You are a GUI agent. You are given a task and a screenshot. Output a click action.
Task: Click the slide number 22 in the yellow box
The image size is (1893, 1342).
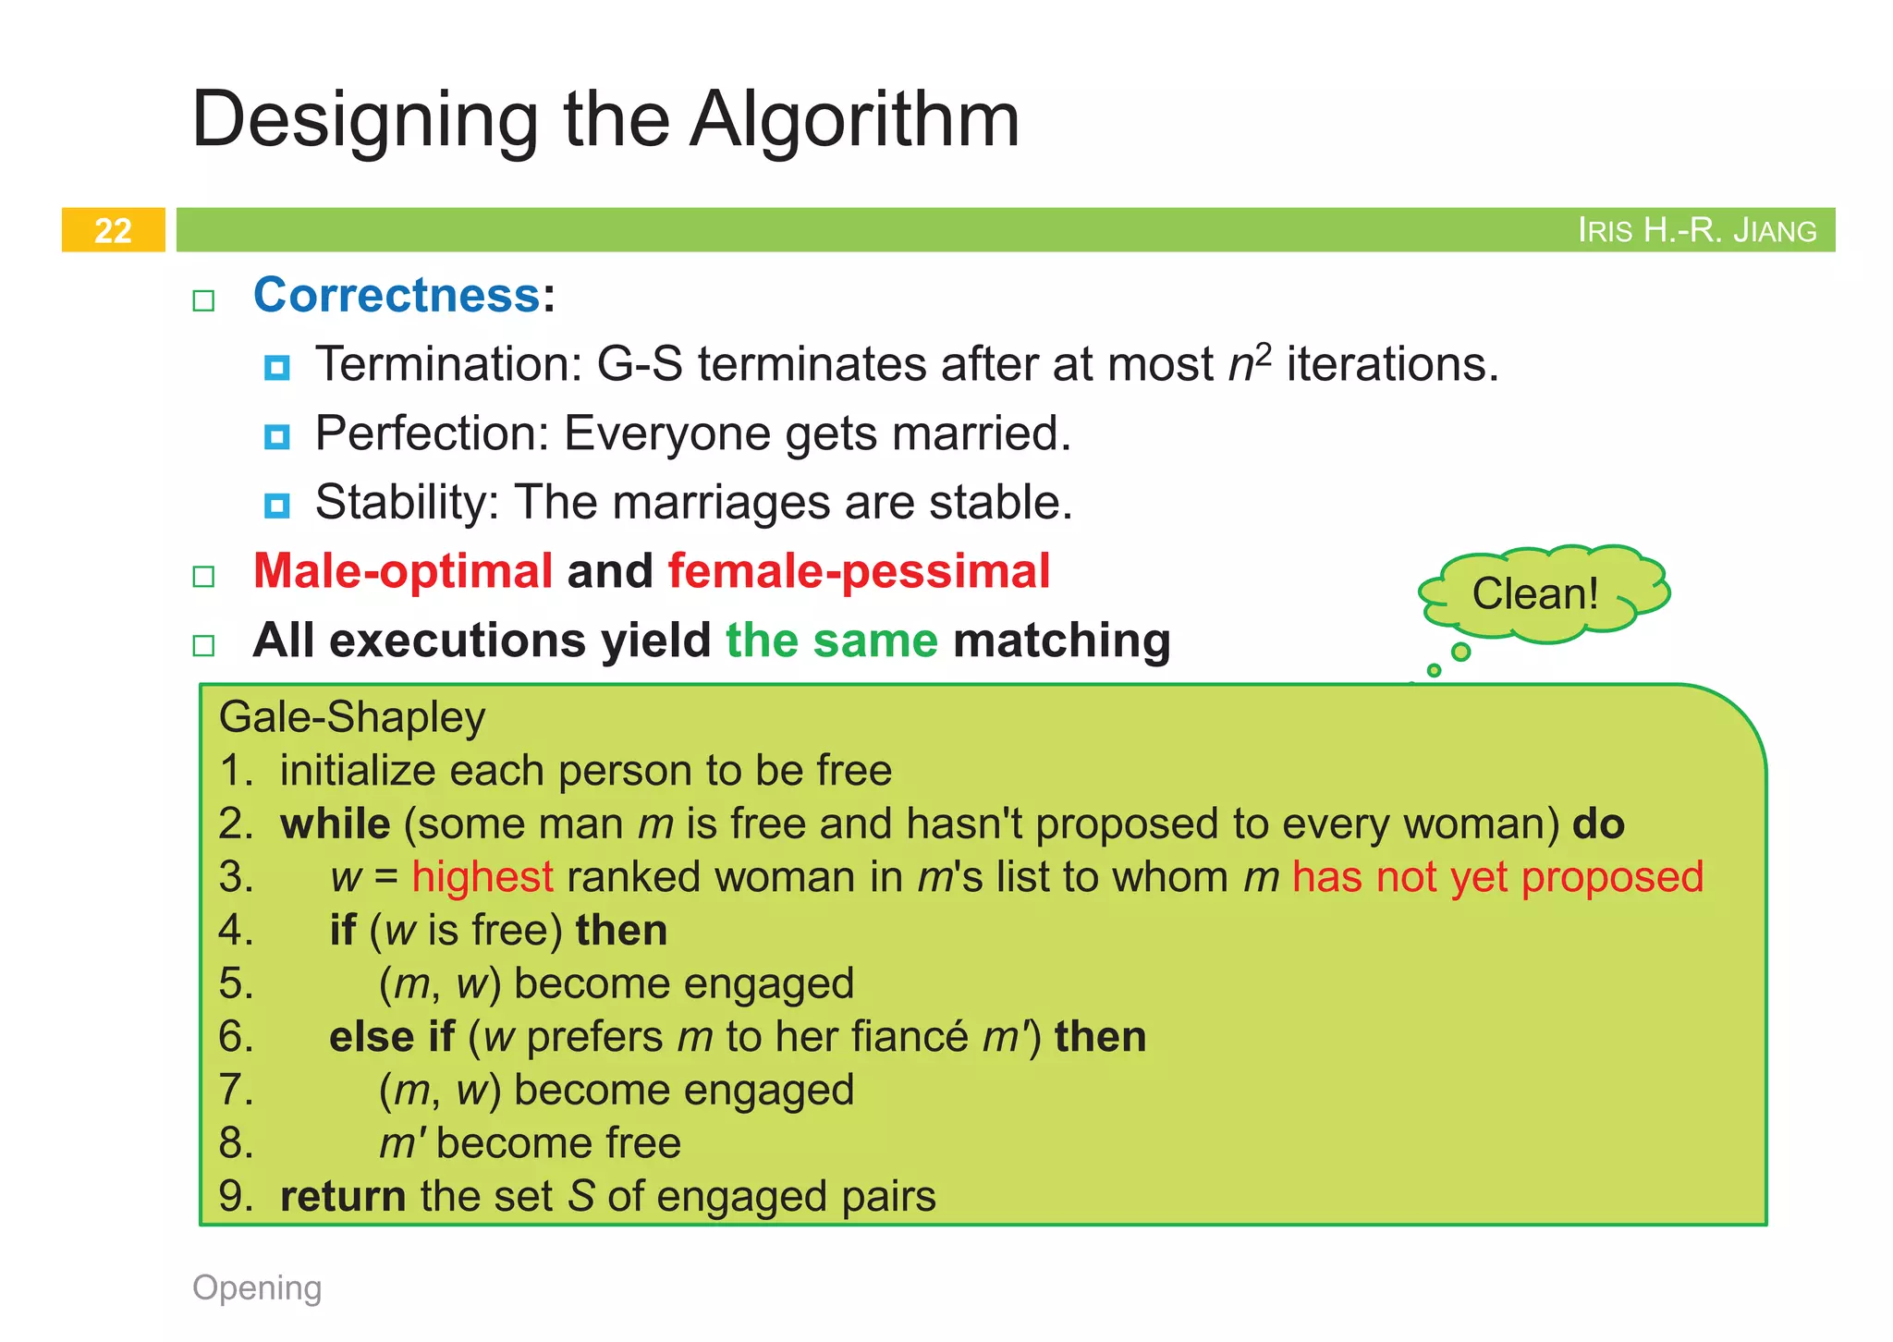click(113, 230)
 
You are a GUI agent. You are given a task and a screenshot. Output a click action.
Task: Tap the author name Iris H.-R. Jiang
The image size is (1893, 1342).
click(1696, 230)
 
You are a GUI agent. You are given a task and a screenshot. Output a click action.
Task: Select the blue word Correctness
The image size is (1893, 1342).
click(397, 296)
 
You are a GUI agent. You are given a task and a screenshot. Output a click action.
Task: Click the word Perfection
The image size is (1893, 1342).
click(432, 433)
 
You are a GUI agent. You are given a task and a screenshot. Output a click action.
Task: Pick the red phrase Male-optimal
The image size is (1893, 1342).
click(403, 571)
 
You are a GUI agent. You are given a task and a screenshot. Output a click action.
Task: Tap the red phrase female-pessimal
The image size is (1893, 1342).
click(859, 571)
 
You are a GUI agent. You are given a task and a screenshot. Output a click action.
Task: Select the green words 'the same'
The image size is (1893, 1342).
click(831, 640)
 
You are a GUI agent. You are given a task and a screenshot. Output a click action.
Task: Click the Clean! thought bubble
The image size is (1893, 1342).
click(1535, 593)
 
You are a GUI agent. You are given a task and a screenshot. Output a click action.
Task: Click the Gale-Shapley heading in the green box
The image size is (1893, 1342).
click(352, 718)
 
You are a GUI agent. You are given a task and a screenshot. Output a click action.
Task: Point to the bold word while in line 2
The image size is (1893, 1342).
click(335, 823)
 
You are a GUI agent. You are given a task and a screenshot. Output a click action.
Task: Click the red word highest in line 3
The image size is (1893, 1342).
click(482, 877)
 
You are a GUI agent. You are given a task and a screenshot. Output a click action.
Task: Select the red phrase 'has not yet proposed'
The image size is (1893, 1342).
click(1497, 877)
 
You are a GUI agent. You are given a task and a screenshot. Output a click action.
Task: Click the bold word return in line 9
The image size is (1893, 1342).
click(343, 1197)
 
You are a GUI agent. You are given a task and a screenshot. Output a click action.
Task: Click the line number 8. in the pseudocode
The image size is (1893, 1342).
click(236, 1143)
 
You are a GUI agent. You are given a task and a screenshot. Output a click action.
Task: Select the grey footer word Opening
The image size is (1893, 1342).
click(257, 1287)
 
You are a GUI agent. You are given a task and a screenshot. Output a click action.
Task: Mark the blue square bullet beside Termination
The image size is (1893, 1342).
click(276, 368)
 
